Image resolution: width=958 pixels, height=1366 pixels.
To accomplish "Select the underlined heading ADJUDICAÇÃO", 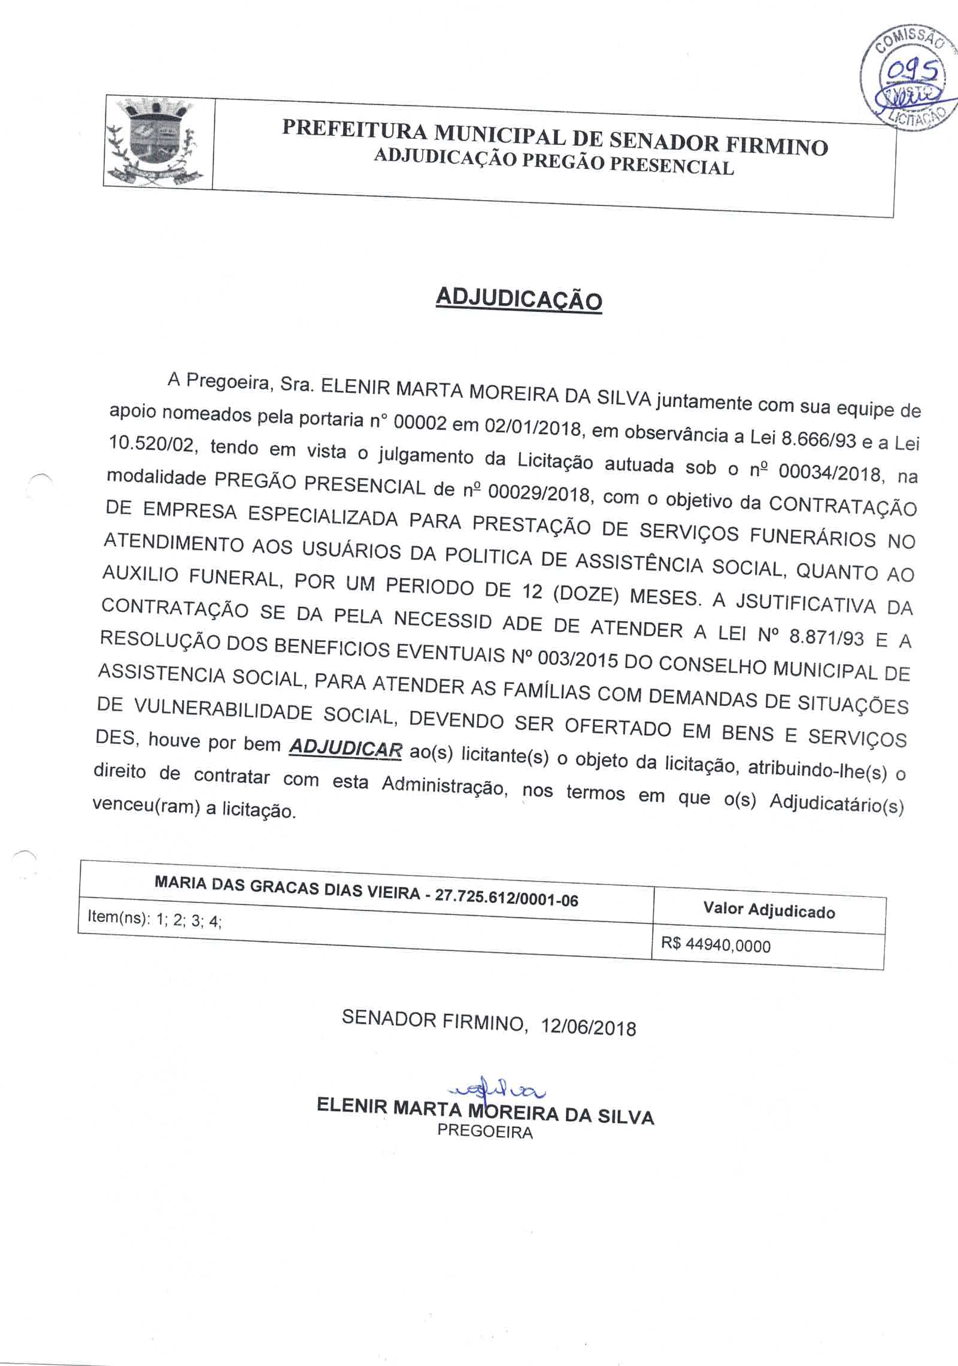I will (x=519, y=298).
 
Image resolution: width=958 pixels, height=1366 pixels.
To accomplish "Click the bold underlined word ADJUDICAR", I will (x=345, y=749).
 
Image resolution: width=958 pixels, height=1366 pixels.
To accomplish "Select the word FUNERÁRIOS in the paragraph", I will (x=813, y=537).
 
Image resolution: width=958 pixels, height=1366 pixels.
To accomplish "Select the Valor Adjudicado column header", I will (x=769, y=911).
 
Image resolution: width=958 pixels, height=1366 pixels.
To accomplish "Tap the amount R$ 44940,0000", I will (x=716, y=945).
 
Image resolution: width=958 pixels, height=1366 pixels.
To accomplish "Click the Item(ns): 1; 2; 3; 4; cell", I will (x=155, y=918).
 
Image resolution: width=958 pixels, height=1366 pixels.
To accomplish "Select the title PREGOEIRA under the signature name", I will (x=485, y=1131).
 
